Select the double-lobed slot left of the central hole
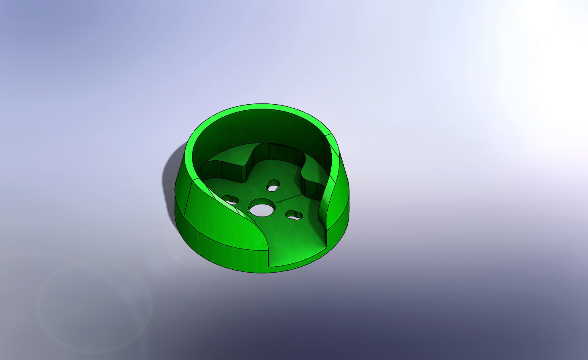[x=230, y=199]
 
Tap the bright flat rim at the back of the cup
[x=261, y=107]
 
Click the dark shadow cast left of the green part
[x=170, y=176]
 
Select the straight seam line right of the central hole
[x=289, y=197]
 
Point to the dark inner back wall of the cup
[x=261, y=128]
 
